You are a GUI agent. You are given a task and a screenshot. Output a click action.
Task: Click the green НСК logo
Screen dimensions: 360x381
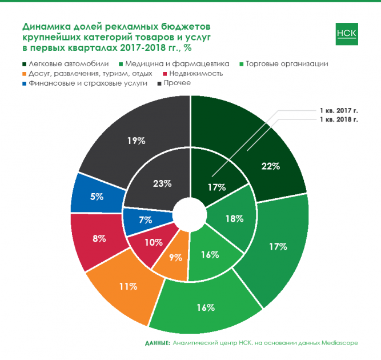[x=347, y=34]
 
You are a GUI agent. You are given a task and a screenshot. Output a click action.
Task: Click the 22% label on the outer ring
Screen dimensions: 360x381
[x=270, y=166]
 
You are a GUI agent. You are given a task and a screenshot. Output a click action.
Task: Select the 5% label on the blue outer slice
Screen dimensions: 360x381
[x=97, y=197]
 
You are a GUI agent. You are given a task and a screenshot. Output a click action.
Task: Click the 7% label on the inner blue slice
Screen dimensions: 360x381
[x=145, y=219]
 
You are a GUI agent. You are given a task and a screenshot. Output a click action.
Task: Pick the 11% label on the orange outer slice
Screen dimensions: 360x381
[x=128, y=285]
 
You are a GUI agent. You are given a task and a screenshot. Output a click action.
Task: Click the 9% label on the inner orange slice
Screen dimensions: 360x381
[x=175, y=257]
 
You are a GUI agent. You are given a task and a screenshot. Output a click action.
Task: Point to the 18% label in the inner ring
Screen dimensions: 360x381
[x=235, y=218]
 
